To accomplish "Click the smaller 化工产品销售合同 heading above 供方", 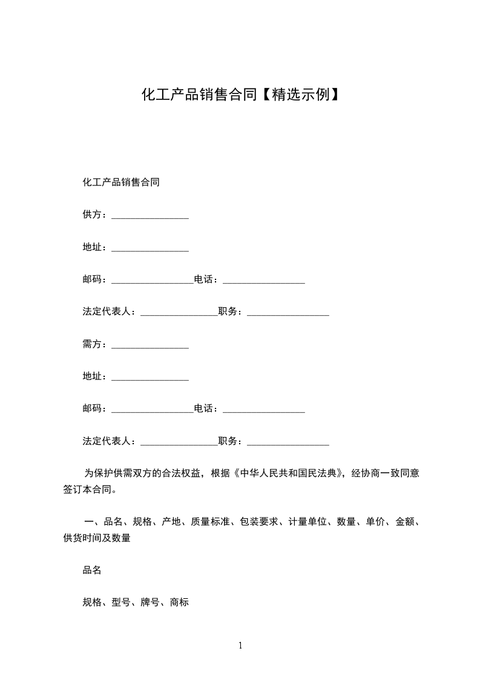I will click(121, 182).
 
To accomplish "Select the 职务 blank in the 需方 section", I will click(288, 442).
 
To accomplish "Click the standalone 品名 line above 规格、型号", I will click(92, 570).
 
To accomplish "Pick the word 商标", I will click(180, 602).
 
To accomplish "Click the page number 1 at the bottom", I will click(240, 646).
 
